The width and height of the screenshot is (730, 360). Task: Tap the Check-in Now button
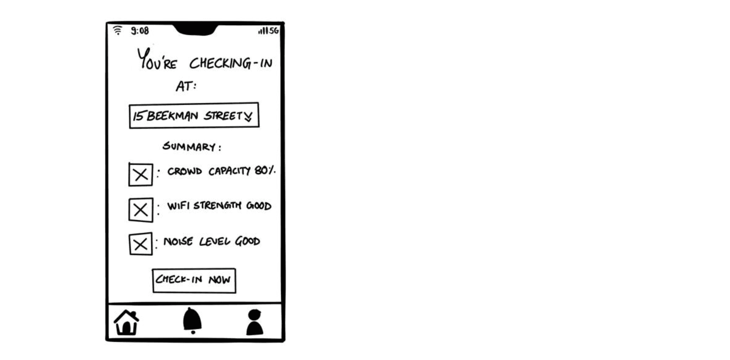[194, 281]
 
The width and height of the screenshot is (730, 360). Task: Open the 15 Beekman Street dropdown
[194, 115]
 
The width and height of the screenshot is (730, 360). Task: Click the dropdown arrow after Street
[248, 117]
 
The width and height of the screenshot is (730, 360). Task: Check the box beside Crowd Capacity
[140, 174]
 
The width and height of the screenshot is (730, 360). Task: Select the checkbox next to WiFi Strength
[140, 210]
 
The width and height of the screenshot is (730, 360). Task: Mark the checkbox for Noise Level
[140, 244]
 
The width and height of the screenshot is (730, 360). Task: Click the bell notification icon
[192, 321]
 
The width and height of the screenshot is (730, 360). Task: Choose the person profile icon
[254, 322]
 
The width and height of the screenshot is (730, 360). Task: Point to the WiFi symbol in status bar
[117, 30]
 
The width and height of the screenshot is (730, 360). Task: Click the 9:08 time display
[140, 31]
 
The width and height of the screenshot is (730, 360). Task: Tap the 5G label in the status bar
[274, 31]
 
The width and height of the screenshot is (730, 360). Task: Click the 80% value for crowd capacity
[264, 171]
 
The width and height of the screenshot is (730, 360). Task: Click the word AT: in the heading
[186, 86]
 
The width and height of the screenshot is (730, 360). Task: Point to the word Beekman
[172, 116]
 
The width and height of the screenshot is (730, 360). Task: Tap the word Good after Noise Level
[247, 241]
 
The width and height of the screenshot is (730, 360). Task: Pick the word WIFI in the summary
[178, 206]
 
